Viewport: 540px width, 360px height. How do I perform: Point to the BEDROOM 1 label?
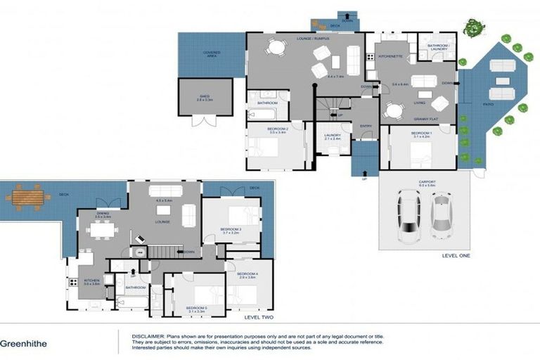tap(420, 134)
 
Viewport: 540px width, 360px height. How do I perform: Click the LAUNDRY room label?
tap(333, 136)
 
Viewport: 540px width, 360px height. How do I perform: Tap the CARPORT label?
tap(427, 182)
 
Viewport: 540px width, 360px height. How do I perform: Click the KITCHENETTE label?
tap(389, 55)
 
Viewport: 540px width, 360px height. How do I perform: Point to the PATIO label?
tap(489, 104)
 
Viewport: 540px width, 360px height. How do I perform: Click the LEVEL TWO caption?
tap(257, 317)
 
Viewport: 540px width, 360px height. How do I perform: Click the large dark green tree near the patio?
tap(474, 28)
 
